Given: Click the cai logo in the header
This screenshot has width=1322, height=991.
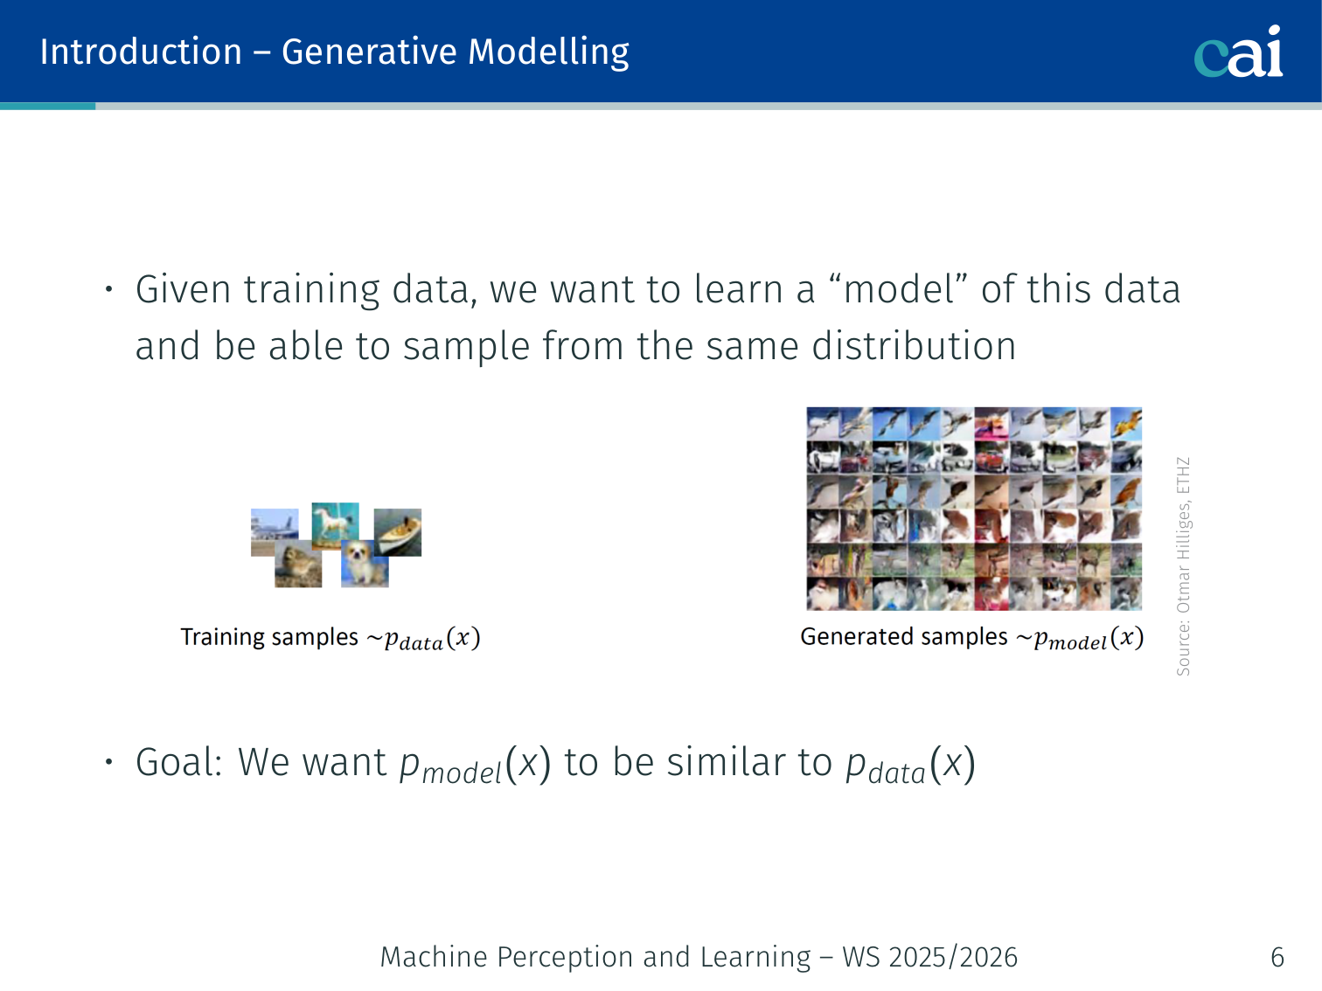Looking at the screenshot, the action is (1238, 52).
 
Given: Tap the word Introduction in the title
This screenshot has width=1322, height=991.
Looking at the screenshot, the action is (141, 52).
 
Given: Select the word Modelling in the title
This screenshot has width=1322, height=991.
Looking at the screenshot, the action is (548, 53).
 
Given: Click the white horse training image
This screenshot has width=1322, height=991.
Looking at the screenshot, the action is (336, 524).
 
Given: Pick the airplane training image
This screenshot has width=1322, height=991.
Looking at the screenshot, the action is (274, 532).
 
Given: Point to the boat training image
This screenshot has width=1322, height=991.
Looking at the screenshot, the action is (398, 532).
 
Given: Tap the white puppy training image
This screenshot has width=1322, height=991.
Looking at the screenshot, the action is (365, 563).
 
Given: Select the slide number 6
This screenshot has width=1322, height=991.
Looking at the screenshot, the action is (1277, 957).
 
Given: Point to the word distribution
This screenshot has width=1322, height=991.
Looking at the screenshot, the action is (914, 346).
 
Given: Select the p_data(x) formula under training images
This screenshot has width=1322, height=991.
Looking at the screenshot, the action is (432, 639).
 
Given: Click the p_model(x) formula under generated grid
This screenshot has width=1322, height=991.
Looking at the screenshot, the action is (1089, 638).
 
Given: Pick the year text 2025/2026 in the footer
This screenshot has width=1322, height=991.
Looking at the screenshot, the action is (953, 957).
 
